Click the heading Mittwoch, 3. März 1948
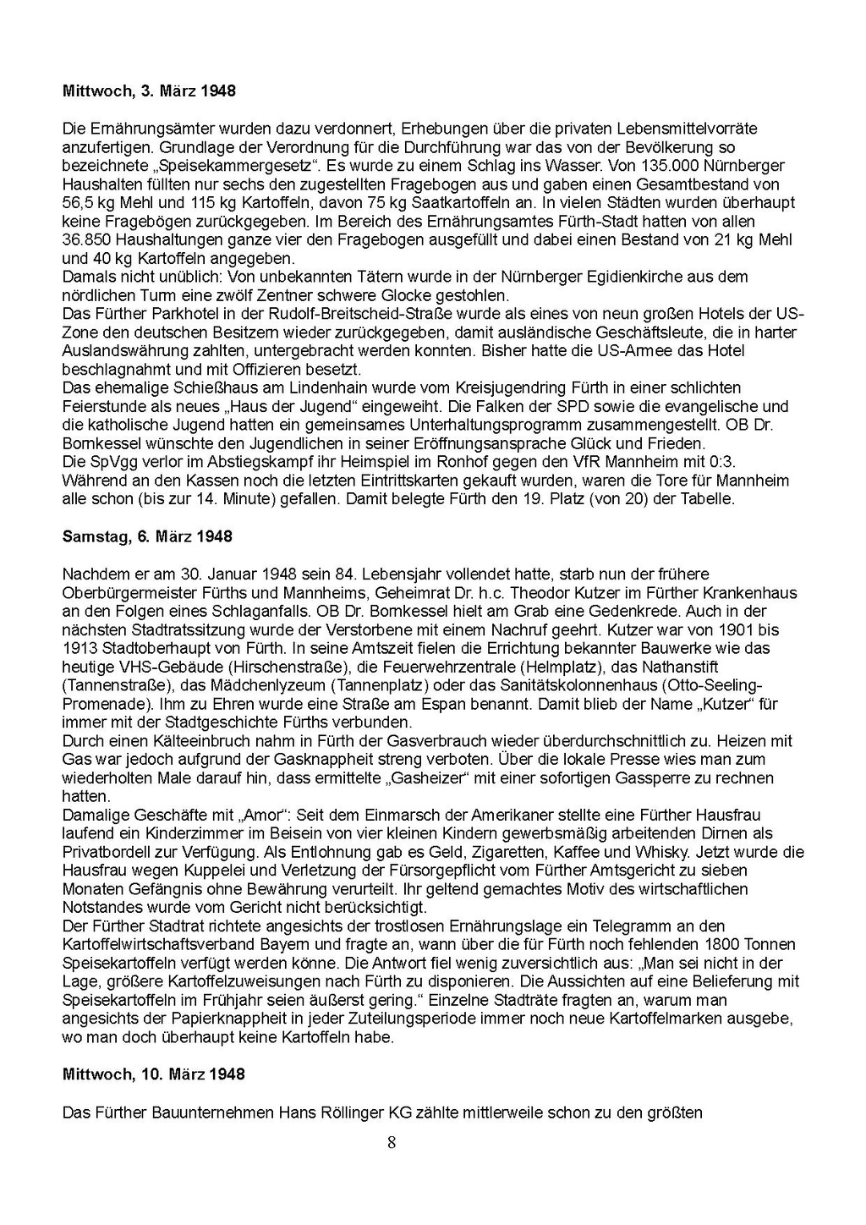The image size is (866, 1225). pos(149,91)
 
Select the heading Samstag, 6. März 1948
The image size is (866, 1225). pos(147,537)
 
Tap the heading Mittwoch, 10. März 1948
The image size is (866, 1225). pos(153,1074)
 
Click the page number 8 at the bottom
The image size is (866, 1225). pos(391,1143)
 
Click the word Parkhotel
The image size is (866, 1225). pos(176,314)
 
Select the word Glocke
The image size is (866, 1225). pos(402,295)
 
